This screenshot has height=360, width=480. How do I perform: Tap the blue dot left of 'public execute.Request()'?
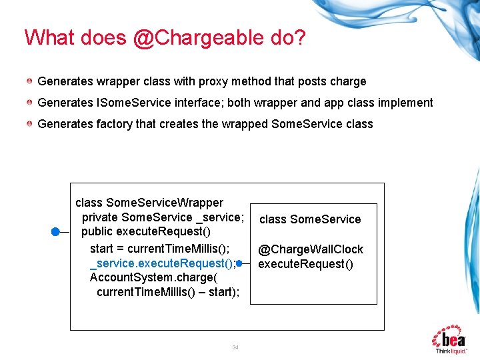point(56,231)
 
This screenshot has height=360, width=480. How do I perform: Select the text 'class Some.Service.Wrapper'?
point(149,203)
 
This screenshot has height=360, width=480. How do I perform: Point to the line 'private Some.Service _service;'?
point(163,217)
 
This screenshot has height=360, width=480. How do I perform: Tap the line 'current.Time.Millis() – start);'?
point(167,292)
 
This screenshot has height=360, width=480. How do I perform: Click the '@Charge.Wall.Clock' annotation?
point(311,249)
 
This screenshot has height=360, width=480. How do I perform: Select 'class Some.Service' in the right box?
point(310,219)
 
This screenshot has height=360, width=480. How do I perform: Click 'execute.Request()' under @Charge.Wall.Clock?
point(305,264)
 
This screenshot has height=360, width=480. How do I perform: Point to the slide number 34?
point(235,347)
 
